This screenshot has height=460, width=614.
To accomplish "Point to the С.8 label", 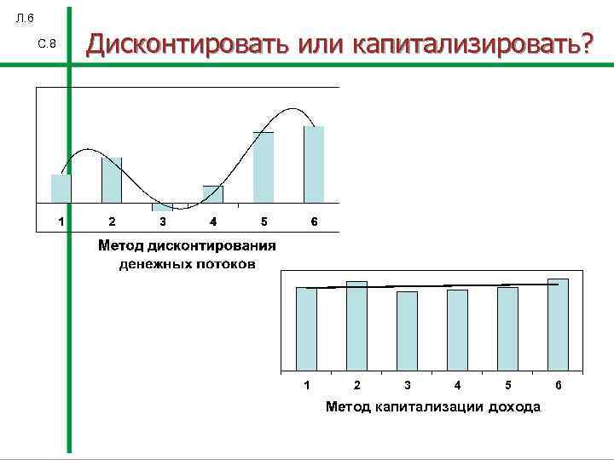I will [47, 44].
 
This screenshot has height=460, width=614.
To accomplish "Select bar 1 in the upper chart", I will [61, 188].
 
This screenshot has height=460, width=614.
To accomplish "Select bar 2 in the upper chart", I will [112, 180].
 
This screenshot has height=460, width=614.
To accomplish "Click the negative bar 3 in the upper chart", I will [162, 207].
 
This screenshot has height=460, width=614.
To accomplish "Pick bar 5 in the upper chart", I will [264, 167].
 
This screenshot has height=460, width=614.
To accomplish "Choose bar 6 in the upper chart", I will [314, 164].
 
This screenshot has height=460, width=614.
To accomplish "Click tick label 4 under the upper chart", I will [213, 222].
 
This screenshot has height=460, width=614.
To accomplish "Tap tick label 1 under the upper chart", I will [61, 222].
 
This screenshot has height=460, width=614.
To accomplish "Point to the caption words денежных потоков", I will [187, 263].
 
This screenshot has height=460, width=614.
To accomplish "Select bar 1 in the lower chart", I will [306, 330].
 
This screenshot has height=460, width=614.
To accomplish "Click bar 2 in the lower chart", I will [356, 327].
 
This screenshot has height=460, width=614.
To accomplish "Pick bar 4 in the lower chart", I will [458, 331].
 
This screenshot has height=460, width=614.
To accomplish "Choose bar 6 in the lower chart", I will [558, 325].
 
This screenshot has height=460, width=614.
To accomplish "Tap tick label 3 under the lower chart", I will [408, 386].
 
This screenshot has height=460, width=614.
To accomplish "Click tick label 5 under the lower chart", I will [508, 386].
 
